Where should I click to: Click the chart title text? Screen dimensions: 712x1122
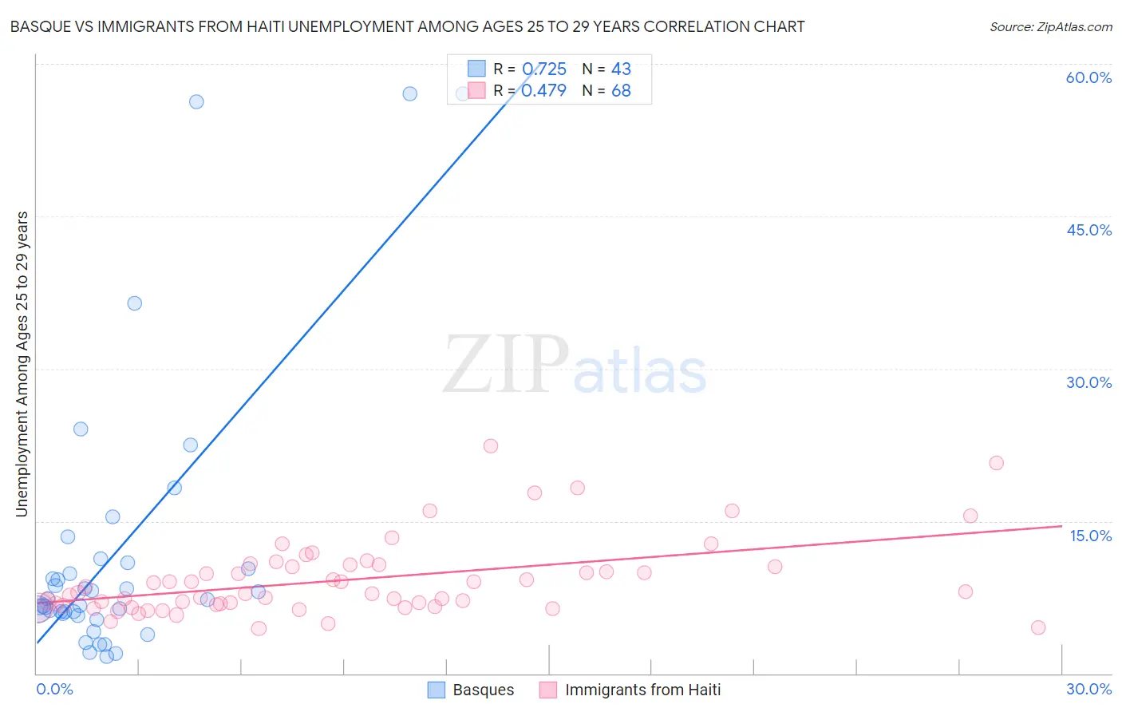pos(407,26)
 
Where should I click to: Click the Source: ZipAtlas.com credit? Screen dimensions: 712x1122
pos(1050,26)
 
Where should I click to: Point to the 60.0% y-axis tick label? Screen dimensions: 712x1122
pos(1088,77)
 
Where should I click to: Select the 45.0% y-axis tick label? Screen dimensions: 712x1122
pos(1088,230)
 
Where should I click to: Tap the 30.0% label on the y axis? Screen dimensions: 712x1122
pos(1088,382)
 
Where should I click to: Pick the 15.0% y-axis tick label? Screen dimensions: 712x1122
pos(1090,536)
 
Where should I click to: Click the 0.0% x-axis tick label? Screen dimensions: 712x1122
pos(54,689)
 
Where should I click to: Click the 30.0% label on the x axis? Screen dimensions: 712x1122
pos(1088,689)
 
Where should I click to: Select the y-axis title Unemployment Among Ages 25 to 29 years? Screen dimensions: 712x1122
pos(22,364)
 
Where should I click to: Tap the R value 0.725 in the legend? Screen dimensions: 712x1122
pos(543,69)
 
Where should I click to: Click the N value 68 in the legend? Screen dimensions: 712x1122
pos(621,91)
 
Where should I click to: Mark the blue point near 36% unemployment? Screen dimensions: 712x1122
pos(135,303)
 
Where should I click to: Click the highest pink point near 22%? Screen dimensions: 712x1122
pos(491,446)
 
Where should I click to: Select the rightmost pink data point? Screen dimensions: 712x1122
pos(1038,627)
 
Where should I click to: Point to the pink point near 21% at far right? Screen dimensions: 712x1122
pos(996,463)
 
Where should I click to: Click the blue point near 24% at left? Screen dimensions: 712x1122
pos(81,429)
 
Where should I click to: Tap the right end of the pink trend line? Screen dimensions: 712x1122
pos(1061,526)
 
